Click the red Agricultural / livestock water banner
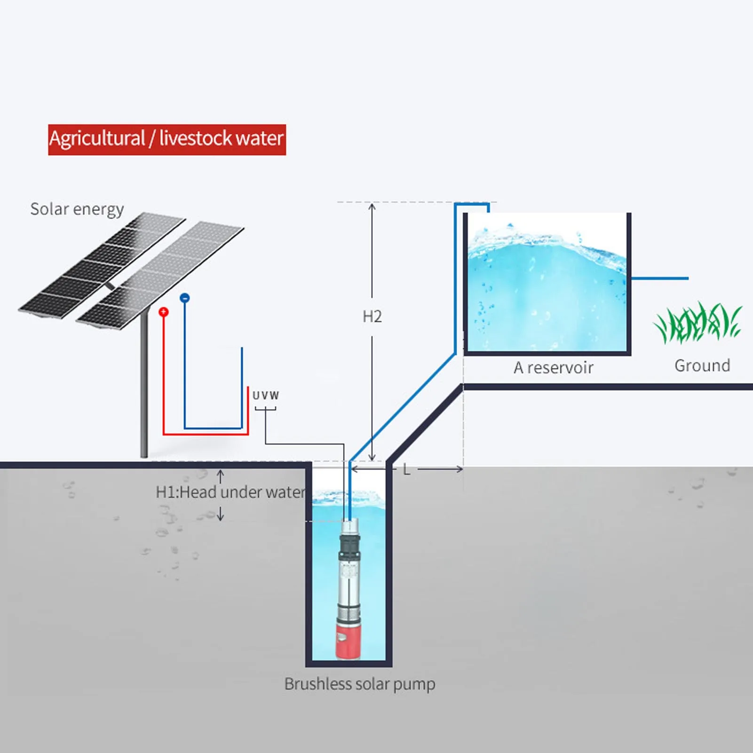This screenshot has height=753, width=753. tap(167, 139)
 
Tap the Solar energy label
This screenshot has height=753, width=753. tap(77, 209)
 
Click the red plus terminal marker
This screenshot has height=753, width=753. tap(163, 312)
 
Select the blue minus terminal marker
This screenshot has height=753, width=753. tap(185, 298)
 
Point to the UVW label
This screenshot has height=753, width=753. tap(266, 396)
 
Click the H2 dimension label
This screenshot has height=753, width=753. tap(372, 317)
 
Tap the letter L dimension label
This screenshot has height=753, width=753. tap(406, 469)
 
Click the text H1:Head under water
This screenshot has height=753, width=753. tap(230, 492)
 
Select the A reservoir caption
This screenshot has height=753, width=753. tap(553, 367)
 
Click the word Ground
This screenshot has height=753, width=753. tap(702, 365)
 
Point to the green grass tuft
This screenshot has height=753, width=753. tap(698, 323)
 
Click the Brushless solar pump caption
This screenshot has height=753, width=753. tap(360, 684)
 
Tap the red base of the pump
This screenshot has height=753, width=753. tap(348, 642)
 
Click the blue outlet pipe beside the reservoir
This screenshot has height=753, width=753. tap(658, 278)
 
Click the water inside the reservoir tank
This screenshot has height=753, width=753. tap(546, 301)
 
